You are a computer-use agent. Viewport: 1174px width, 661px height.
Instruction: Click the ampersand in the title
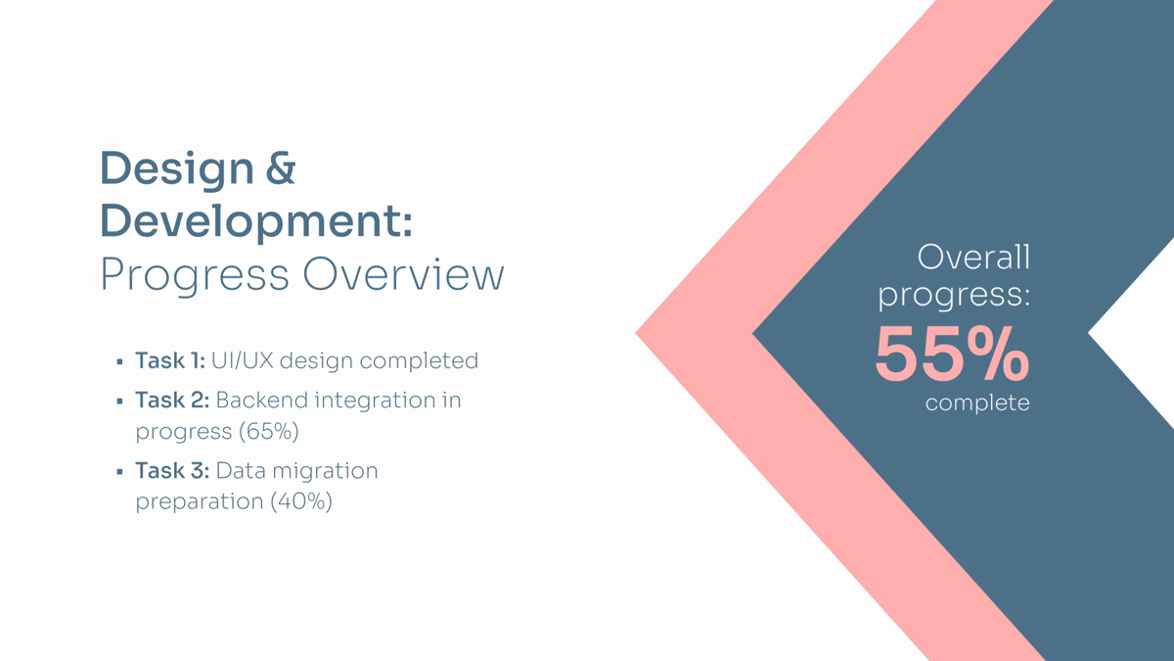pos(281,167)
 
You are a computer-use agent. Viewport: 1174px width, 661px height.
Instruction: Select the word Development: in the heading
pos(256,222)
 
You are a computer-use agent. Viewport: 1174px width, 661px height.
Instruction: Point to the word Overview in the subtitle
pos(403,274)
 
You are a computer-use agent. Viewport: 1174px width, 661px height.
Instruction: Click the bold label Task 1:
pos(170,360)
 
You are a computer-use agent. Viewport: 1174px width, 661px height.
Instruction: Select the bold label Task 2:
pos(172,400)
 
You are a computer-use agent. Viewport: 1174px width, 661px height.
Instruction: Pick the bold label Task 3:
pos(172,470)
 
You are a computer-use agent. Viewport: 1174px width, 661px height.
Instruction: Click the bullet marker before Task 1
pos(120,361)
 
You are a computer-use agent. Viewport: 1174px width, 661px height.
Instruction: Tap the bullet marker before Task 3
pos(120,472)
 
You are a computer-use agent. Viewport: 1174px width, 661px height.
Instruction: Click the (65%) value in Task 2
pos(269,432)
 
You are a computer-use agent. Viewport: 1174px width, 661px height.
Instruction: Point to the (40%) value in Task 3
pos(301,501)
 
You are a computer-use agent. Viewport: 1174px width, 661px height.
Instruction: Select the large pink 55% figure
pos(952,354)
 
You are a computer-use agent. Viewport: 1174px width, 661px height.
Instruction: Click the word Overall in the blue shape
pos(973,257)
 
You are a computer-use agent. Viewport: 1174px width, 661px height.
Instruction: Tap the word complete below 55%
pos(977,403)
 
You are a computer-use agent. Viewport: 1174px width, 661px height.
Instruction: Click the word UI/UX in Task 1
pos(243,360)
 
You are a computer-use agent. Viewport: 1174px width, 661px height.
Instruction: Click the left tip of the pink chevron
pos(635,333)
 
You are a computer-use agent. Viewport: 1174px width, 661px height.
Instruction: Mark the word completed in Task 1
pos(419,361)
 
